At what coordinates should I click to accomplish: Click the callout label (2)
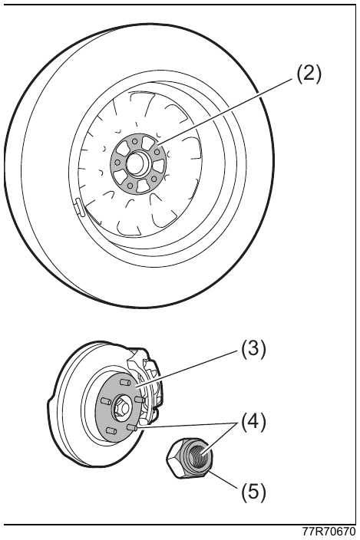click(x=309, y=74)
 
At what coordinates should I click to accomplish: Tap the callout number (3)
click(x=253, y=350)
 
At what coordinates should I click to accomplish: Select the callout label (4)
click(x=253, y=423)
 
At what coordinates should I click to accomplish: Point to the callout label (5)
click(x=253, y=492)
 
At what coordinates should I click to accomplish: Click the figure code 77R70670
click(x=329, y=532)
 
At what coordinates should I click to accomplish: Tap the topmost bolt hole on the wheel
click(x=134, y=140)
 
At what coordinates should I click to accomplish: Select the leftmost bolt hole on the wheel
click(x=117, y=162)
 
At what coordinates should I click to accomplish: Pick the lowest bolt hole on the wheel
click(x=130, y=186)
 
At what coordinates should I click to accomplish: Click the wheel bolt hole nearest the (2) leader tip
click(x=157, y=152)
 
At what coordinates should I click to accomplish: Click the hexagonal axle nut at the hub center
click(x=122, y=407)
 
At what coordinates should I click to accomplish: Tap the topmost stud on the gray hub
click(x=124, y=382)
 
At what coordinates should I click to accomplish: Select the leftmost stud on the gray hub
click(x=105, y=401)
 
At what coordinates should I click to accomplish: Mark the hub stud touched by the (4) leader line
click(x=132, y=427)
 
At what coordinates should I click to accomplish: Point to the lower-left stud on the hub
click(x=110, y=430)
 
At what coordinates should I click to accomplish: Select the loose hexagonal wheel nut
click(x=189, y=457)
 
